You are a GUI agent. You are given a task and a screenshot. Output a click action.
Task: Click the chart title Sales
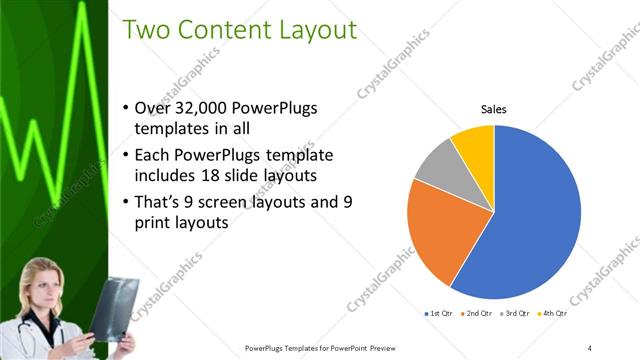point(494,108)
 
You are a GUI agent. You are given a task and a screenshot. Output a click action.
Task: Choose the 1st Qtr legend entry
point(440,314)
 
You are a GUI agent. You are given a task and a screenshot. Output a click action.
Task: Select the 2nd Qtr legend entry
point(476,314)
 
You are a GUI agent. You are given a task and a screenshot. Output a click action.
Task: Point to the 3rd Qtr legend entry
point(513,314)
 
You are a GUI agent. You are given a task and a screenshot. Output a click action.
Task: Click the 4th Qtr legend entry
point(550,314)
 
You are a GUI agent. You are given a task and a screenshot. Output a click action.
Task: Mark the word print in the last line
point(152,223)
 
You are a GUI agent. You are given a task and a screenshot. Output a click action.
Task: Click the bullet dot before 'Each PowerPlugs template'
point(124,155)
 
